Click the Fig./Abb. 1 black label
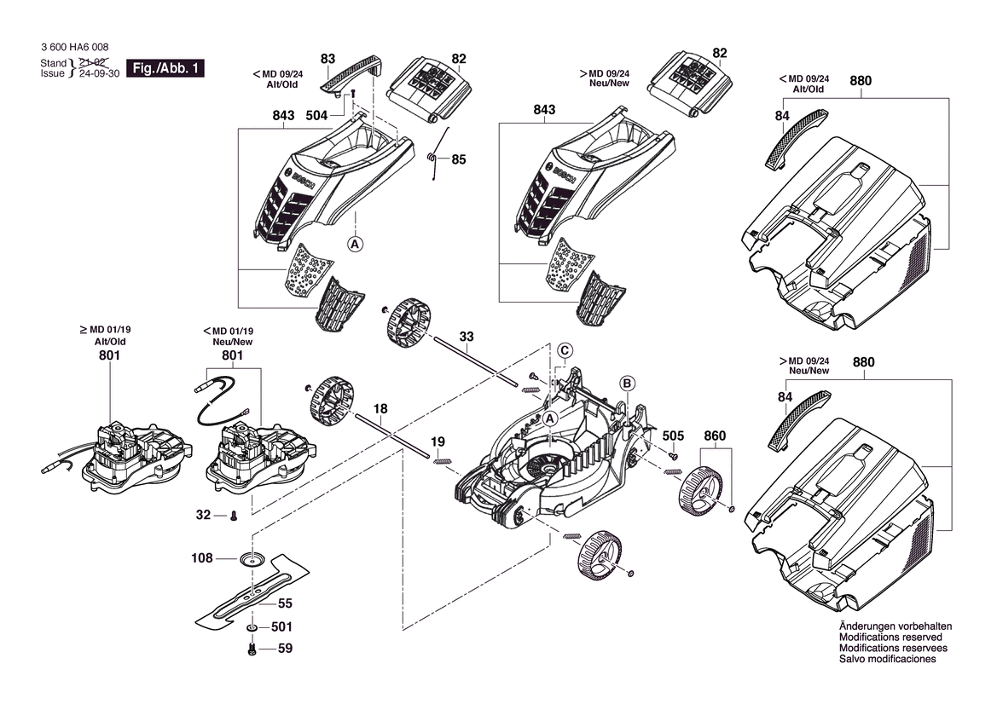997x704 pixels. click(x=165, y=68)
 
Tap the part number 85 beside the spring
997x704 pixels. click(x=459, y=159)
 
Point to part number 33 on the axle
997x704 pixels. click(x=466, y=337)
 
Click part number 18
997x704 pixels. click(x=380, y=409)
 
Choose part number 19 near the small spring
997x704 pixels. click(x=438, y=441)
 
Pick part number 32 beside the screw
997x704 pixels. click(x=203, y=515)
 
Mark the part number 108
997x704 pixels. click(x=201, y=559)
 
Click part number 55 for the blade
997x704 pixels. click(x=285, y=603)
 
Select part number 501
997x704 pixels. click(x=281, y=627)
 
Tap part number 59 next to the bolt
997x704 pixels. click(x=285, y=649)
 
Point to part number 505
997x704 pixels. click(x=673, y=436)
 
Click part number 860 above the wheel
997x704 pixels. click(x=715, y=436)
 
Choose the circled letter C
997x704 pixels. click(x=565, y=350)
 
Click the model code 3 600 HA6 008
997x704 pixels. click(x=74, y=49)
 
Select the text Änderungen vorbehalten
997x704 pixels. click(x=896, y=626)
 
